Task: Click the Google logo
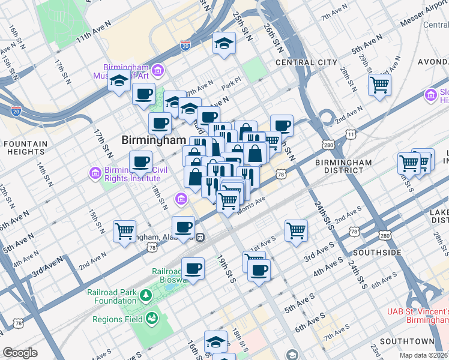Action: coord(20,353)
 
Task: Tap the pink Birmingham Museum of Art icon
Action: coord(158,71)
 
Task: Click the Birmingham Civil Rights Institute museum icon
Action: coord(94,173)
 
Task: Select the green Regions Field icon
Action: coord(151,318)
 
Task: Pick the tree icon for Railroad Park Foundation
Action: coord(145,295)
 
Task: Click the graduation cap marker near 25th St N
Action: coord(224,43)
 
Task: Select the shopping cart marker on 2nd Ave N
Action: coord(125,230)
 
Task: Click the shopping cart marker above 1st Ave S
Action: coord(297,230)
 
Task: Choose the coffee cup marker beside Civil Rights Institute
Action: coord(140,161)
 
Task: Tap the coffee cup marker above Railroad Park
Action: coord(193,268)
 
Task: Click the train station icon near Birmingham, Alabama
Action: coord(201,236)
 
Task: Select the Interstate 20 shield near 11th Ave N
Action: coord(185,44)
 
